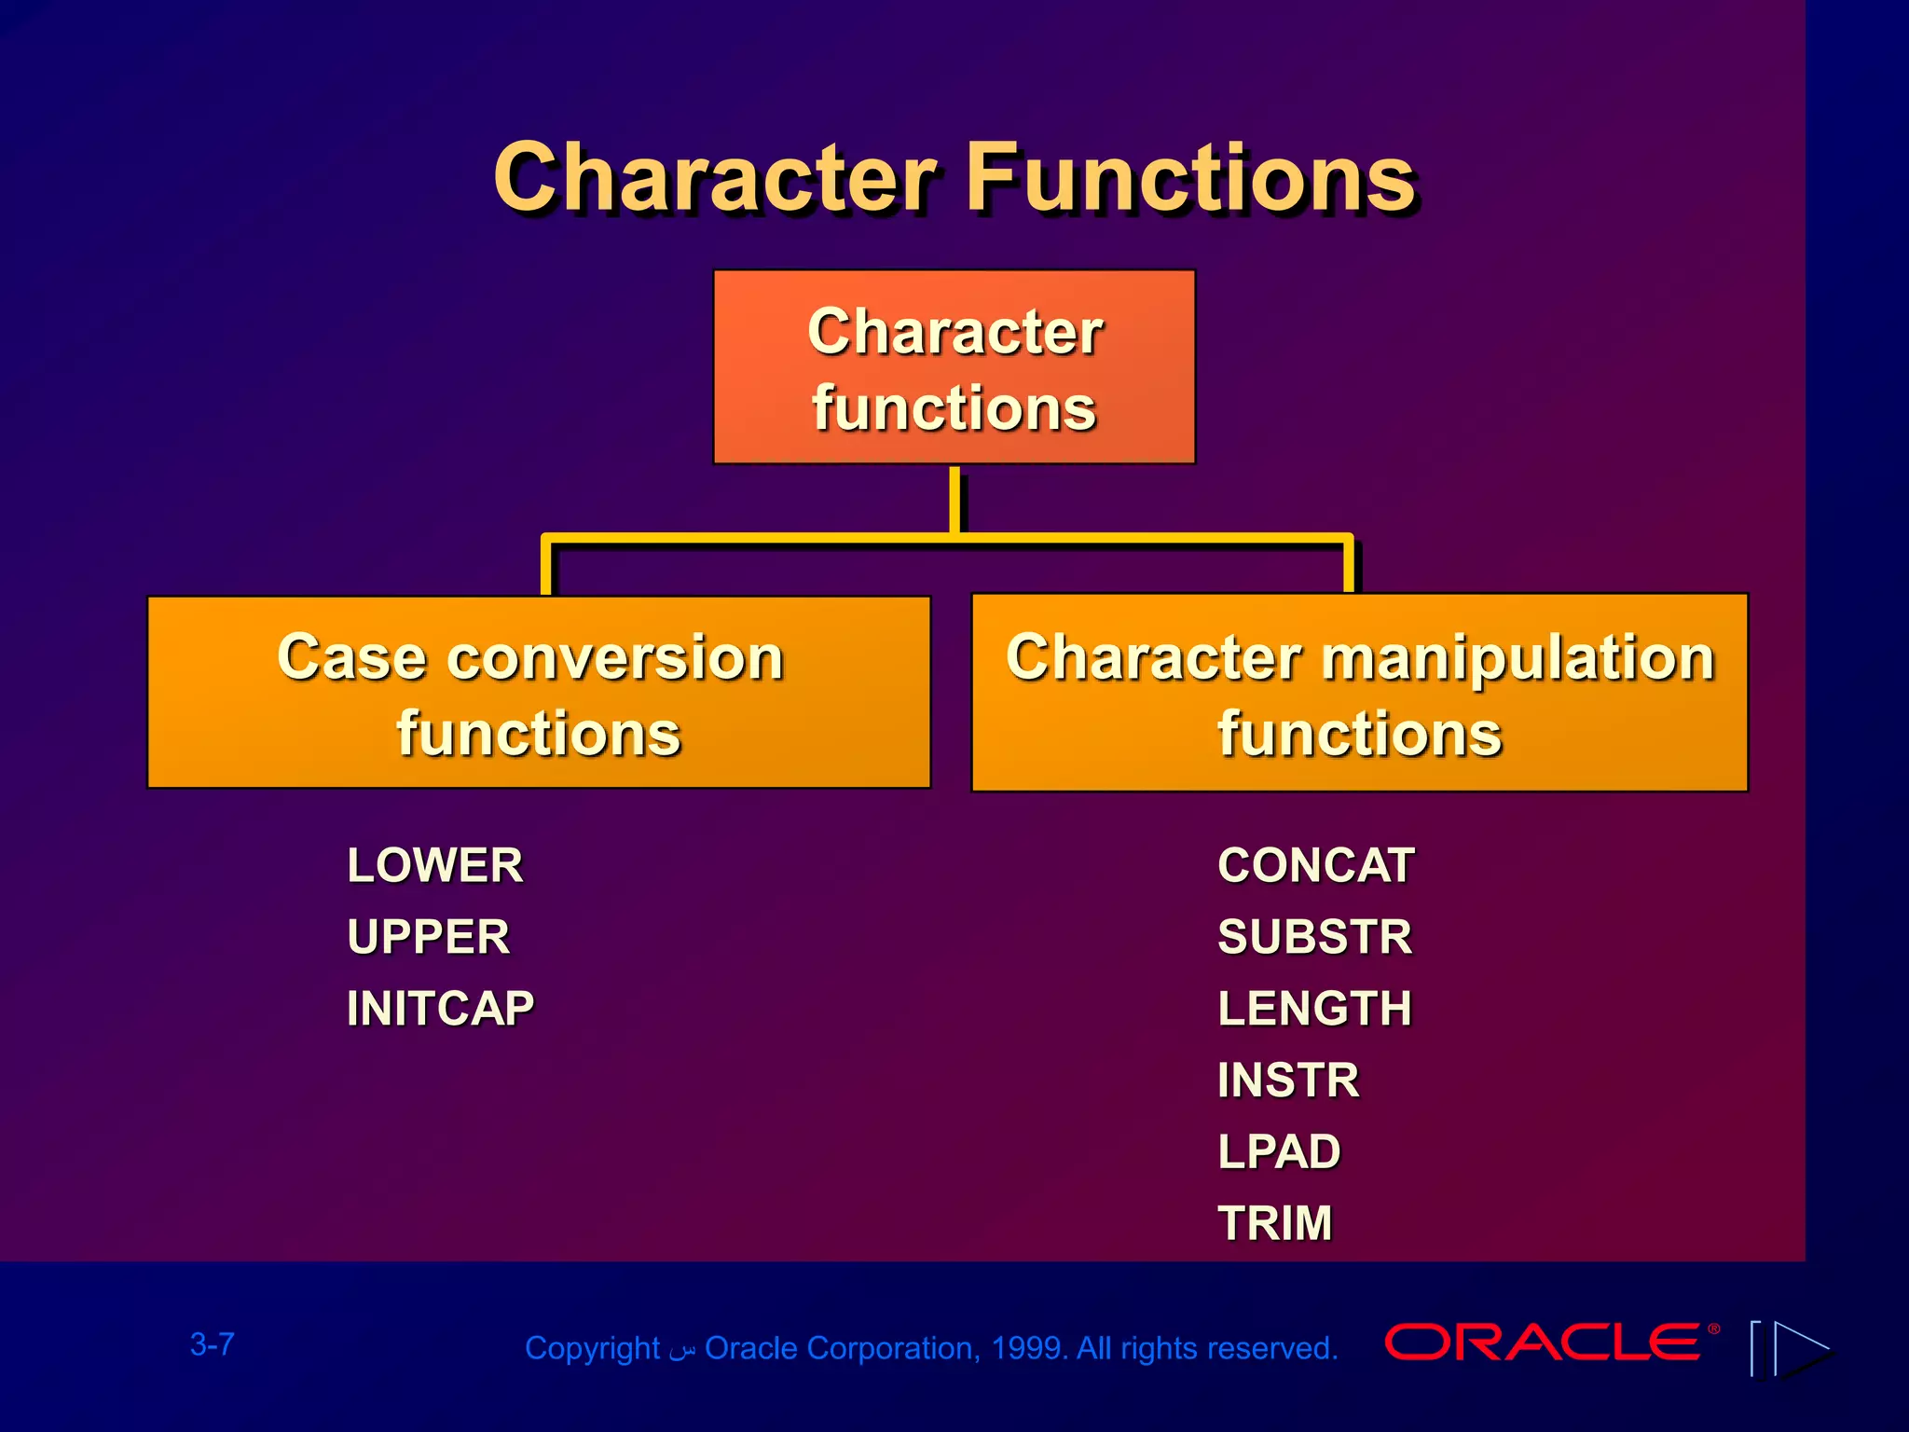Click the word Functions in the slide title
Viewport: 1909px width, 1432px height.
[1190, 177]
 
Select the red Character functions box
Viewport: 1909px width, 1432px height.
[954, 367]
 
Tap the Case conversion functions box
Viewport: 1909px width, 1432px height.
[539, 693]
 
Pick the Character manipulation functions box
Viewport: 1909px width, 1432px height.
[1359, 693]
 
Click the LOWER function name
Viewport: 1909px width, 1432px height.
[434, 865]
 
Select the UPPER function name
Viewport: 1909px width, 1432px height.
[428, 937]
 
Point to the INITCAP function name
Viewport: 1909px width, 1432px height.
[440, 1008]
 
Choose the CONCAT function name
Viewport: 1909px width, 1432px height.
[1315, 865]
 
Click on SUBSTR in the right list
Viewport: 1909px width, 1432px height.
[1314, 937]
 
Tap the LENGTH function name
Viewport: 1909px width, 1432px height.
[1314, 1008]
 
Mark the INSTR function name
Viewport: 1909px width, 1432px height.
[1288, 1080]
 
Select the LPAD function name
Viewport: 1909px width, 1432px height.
[1279, 1151]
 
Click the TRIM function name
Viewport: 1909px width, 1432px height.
[1274, 1222]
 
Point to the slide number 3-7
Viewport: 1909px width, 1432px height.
[213, 1344]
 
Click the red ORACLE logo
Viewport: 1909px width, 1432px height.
[1544, 1342]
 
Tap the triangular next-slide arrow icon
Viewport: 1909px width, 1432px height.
[1801, 1348]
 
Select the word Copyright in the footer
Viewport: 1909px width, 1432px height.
[592, 1348]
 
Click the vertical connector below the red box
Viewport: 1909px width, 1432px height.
[954, 500]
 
